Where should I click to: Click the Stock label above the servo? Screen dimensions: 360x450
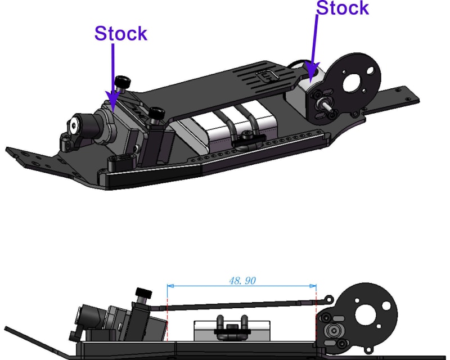[x=120, y=34]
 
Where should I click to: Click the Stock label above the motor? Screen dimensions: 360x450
[x=343, y=8]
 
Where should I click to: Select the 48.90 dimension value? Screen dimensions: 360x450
[x=242, y=280]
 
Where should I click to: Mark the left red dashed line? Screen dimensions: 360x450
[x=168, y=315]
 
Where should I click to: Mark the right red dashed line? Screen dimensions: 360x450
[x=317, y=315]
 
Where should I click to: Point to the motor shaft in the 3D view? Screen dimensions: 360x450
[x=326, y=105]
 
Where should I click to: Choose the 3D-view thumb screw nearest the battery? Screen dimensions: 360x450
[x=156, y=115]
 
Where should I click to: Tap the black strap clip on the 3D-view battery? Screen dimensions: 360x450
[x=246, y=137]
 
